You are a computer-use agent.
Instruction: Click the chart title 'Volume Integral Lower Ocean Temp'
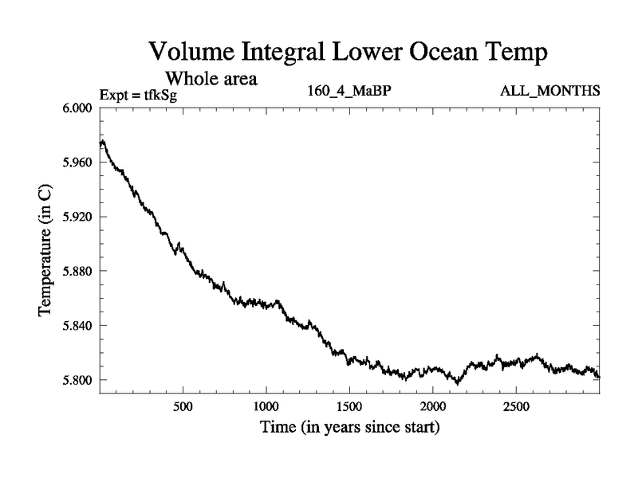(349, 53)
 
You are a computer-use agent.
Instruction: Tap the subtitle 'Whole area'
(211, 79)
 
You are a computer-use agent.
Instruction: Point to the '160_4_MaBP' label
(349, 91)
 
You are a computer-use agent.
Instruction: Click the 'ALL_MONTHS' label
(549, 91)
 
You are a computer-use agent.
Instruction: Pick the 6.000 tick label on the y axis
(77, 108)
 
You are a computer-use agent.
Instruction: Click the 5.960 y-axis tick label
(77, 163)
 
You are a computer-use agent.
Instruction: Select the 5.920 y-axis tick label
(77, 217)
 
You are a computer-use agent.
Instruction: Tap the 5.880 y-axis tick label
(77, 272)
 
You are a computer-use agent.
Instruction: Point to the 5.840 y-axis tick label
(77, 326)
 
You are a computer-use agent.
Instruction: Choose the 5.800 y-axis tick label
(77, 380)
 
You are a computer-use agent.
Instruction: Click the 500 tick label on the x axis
(183, 406)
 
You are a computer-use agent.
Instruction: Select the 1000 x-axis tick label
(266, 406)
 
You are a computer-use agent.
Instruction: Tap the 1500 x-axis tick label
(349, 406)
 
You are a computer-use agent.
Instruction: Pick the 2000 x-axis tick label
(432, 406)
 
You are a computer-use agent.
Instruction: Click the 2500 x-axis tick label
(515, 406)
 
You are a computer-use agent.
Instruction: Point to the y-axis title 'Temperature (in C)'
(45, 250)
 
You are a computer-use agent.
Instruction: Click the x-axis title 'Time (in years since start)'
(349, 427)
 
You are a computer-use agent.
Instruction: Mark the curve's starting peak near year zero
(102, 142)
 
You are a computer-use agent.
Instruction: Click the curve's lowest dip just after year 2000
(457, 384)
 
